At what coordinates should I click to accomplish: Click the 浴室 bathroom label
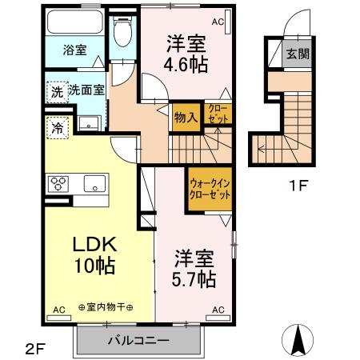point(76,50)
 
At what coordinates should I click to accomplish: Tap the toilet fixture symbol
point(122,34)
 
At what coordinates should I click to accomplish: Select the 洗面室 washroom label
point(86,90)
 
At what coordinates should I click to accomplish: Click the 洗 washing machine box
point(56,91)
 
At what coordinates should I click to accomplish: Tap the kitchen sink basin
point(94,183)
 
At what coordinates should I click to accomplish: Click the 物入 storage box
point(185,118)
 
